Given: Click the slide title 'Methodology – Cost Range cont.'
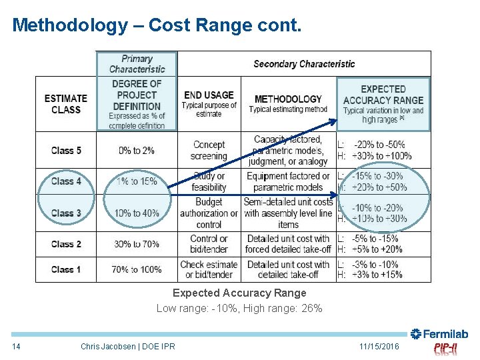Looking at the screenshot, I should click(x=157, y=25).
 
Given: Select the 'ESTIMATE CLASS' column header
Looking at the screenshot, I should click(x=66, y=104).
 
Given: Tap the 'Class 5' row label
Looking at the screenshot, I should click(x=66, y=151).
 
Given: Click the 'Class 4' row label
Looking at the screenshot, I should click(x=66, y=181).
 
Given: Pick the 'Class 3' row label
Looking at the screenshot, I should click(x=66, y=213).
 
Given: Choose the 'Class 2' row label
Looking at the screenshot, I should click(x=66, y=244).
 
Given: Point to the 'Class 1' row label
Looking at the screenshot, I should click(x=66, y=269).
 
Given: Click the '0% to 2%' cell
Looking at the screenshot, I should click(x=137, y=151).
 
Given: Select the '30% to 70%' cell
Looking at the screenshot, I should click(x=137, y=244).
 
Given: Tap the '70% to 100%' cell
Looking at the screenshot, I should click(x=137, y=269).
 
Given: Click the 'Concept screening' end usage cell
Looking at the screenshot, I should click(x=209, y=151).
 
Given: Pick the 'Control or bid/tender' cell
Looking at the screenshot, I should click(x=209, y=244).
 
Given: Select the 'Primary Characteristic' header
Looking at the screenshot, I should click(x=137, y=64).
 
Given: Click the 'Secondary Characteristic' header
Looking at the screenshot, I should click(x=304, y=64).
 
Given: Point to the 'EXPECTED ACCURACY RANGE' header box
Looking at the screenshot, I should click(x=383, y=103).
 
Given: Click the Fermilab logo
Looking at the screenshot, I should click(x=439, y=334).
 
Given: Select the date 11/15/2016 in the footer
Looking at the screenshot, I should click(x=379, y=347).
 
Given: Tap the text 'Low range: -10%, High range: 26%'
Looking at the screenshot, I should click(x=239, y=308).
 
